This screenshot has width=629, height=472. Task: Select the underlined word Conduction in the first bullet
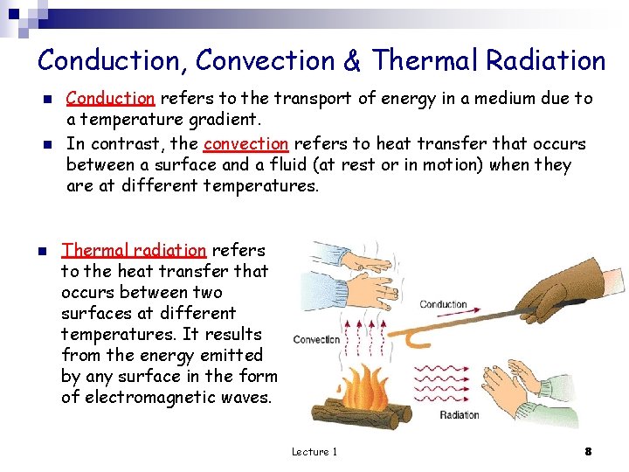[110, 99]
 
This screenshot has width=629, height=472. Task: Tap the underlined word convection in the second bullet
[245, 143]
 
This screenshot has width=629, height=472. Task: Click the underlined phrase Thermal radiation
[134, 250]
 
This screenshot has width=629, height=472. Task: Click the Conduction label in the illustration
[443, 305]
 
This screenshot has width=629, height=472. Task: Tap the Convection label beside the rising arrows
[316, 339]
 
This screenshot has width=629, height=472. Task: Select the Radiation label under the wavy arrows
[459, 415]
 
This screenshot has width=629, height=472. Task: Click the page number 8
[588, 451]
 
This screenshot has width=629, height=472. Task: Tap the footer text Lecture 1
[314, 452]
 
